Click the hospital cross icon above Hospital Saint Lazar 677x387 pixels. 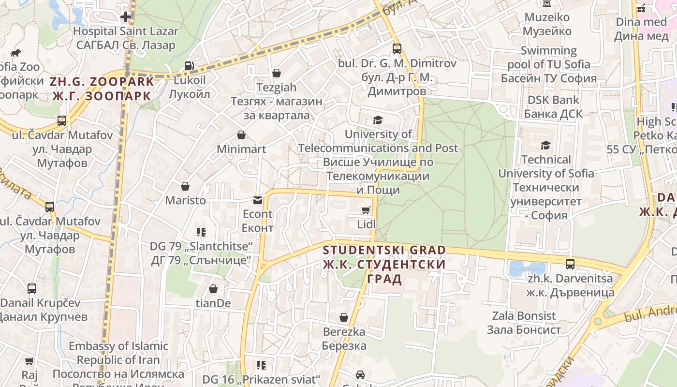point(126,17)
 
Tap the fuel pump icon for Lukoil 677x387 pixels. point(190,66)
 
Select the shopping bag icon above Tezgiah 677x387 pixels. point(277,73)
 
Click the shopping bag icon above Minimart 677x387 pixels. point(241,135)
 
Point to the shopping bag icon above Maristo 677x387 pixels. point(185,186)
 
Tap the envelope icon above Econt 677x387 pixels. point(258,200)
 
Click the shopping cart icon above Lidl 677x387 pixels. point(366,210)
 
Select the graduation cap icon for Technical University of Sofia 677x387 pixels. point(545,145)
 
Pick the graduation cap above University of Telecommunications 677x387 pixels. point(378,120)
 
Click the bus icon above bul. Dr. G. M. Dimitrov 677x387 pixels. point(397,49)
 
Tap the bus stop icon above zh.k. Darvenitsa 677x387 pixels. point(570,264)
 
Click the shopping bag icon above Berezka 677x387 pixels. point(344,317)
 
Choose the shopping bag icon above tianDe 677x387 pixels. point(213,289)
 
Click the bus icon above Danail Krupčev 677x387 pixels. point(32,289)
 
